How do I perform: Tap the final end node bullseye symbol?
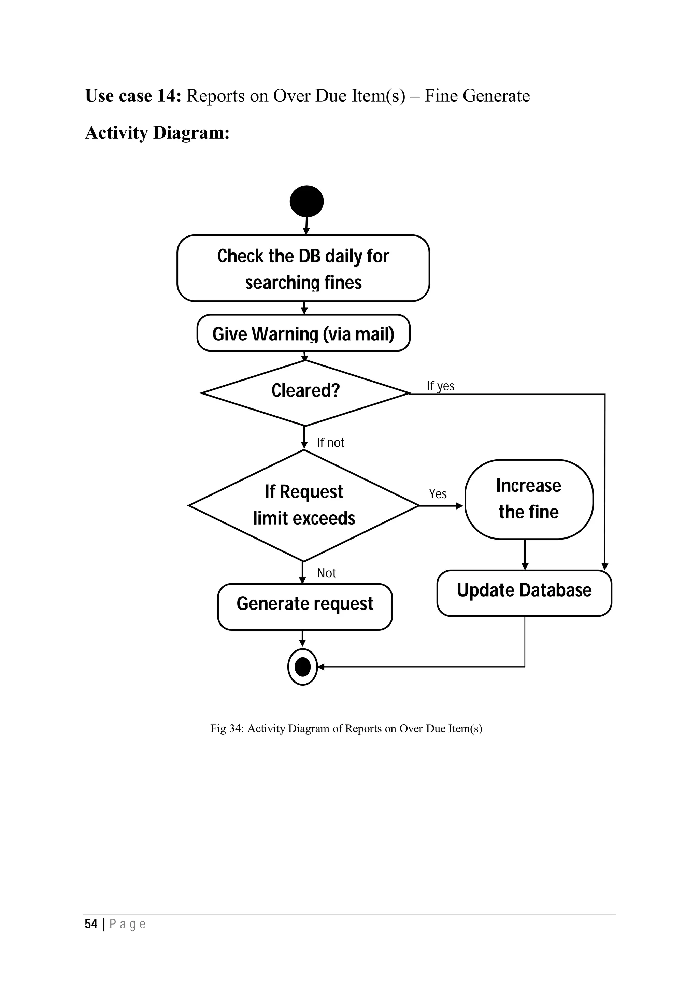pyautogui.click(x=302, y=667)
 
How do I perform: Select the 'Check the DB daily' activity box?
pyautogui.click(x=303, y=268)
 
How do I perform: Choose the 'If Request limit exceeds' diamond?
pyautogui.click(x=304, y=505)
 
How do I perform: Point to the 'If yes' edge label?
pyautogui.click(x=440, y=386)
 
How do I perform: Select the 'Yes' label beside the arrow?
pyautogui.click(x=438, y=494)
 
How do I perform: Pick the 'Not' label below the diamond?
pyautogui.click(x=326, y=573)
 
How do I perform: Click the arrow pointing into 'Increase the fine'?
pyautogui.click(x=441, y=506)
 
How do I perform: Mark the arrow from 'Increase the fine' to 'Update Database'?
pyautogui.click(x=525, y=555)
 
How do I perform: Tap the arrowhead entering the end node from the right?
pyautogui.click(x=321, y=667)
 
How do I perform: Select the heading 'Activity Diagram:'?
pyautogui.click(x=157, y=133)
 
